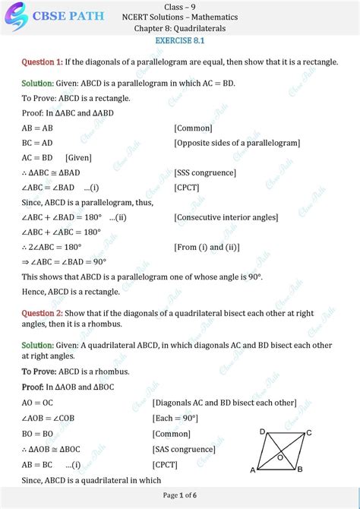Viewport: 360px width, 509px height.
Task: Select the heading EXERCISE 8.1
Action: click(180, 40)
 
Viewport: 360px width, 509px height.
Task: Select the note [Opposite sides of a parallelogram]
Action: click(236, 143)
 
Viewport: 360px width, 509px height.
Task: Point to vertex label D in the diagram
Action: click(263, 432)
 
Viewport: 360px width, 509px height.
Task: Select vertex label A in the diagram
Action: click(252, 470)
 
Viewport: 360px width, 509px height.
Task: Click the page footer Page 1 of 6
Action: click(180, 496)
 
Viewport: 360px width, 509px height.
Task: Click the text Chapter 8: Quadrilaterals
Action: click(180, 28)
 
